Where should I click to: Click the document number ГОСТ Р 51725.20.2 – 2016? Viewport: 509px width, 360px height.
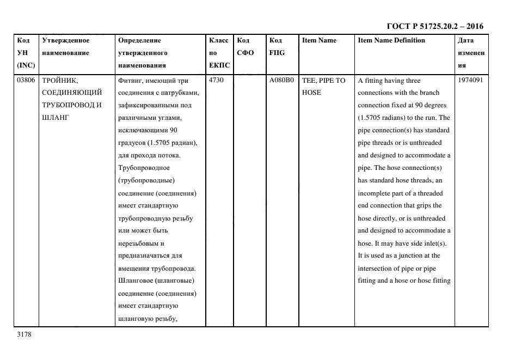[x=435, y=26]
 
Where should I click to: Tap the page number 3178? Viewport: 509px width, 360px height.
[x=24, y=334]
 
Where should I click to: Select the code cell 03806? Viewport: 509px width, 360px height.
[x=26, y=80]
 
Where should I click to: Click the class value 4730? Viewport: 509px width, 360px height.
[x=217, y=80]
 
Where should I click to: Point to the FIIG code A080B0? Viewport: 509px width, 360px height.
[x=281, y=80]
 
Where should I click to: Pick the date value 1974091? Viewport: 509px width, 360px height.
[x=470, y=80]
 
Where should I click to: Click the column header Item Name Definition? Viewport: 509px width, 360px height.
[x=391, y=40]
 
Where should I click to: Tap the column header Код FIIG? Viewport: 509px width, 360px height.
[x=277, y=46]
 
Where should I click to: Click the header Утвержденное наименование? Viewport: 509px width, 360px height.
[x=65, y=46]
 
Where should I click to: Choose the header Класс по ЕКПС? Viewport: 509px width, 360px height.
[x=219, y=53]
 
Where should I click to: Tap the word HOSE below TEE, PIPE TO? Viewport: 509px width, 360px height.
[x=311, y=93]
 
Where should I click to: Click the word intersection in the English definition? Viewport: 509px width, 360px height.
[x=375, y=269]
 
